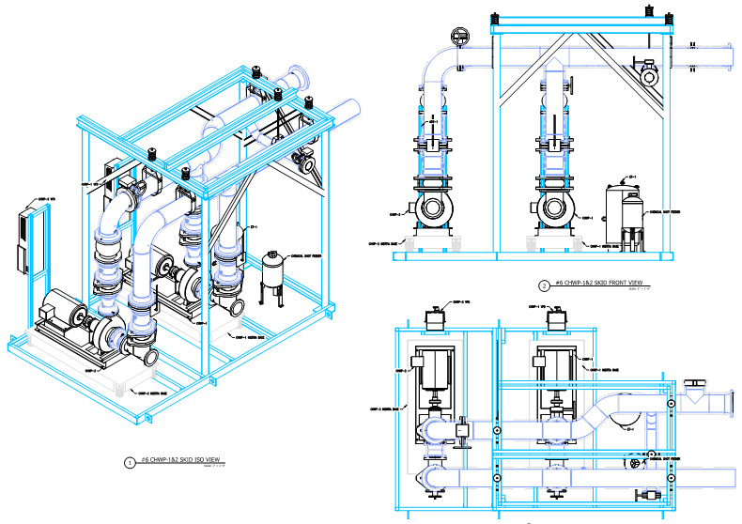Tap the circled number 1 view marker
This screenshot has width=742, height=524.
(x=129, y=462)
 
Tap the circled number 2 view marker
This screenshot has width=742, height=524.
(x=543, y=285)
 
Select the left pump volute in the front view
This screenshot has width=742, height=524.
(x=433, y=208)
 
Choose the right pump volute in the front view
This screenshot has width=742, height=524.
(x=555, y=208)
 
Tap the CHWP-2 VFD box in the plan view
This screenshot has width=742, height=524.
(x=434, y=319)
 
